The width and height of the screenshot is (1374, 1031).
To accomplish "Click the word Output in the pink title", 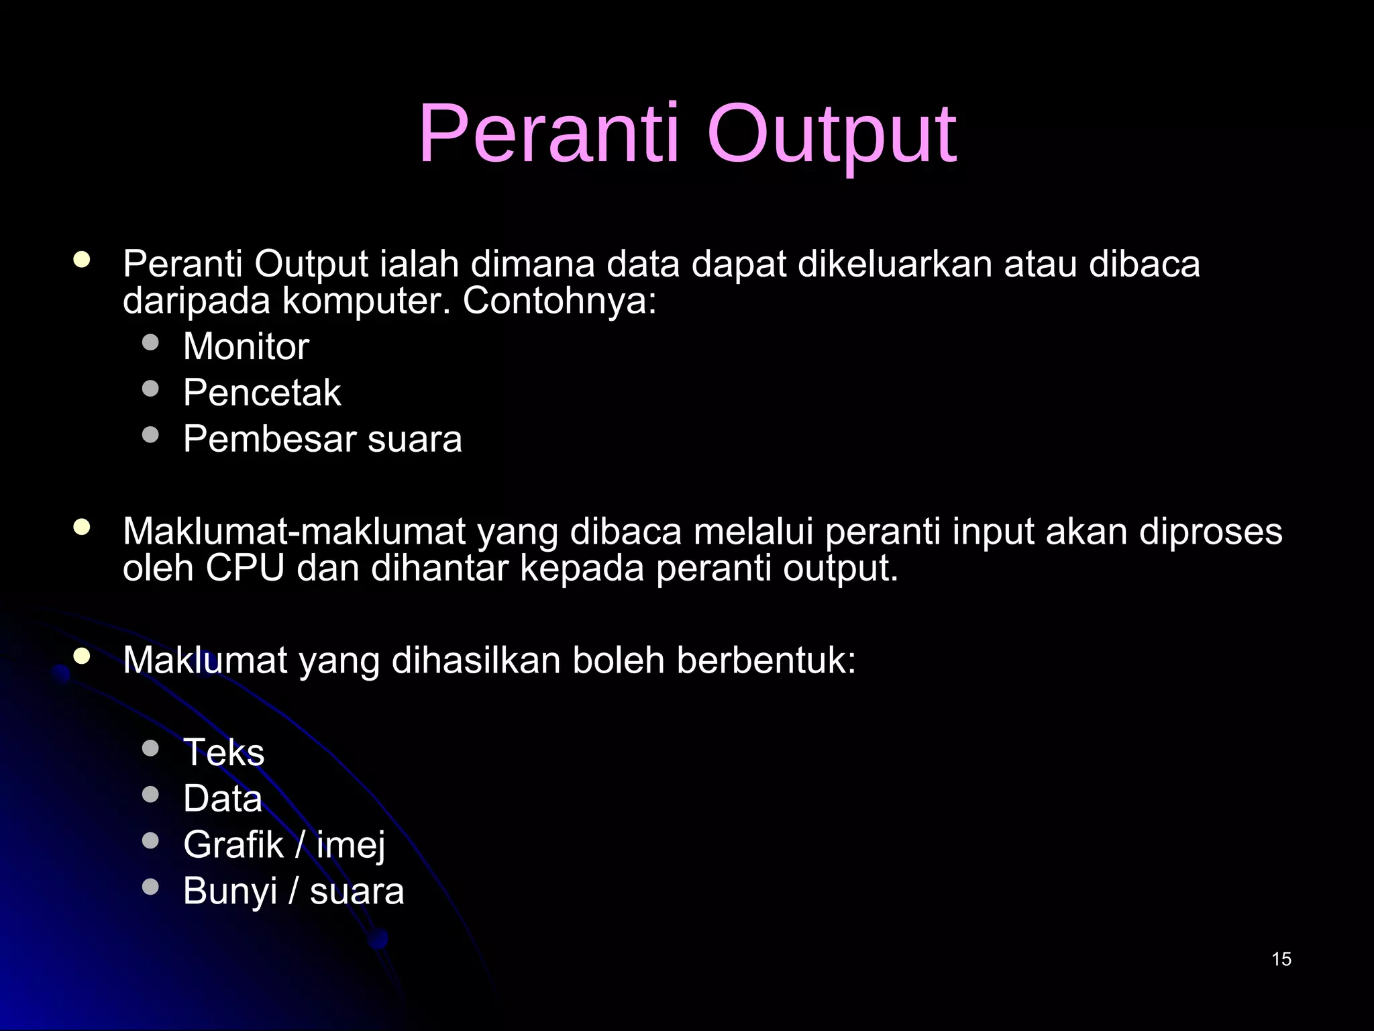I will click(831, 134).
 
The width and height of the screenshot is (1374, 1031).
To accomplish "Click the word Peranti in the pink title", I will click(549, 134).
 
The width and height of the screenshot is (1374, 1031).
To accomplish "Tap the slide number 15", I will click(1281, 959).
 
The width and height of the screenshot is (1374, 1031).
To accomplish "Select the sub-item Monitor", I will click(246, 347).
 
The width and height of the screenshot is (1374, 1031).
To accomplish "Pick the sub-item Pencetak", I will click(262, 393).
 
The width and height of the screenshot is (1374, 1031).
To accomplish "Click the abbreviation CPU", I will click(245, 568).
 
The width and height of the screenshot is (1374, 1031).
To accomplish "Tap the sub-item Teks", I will click(223, 752).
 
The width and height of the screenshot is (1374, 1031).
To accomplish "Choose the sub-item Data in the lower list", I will click(222, 799).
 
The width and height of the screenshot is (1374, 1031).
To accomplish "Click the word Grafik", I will click(233, 845).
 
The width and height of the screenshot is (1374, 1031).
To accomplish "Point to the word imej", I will click(351, 845).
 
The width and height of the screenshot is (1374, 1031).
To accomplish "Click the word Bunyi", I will click(230, 892).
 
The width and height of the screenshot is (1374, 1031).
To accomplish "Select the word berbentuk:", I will click(766, 660).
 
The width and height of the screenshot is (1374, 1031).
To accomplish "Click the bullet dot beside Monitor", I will click(151, 343).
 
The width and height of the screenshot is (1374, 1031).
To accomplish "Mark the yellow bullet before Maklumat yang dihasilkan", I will click(82, 656).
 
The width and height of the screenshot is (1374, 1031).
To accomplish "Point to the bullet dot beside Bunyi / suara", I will click(151, 887).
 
